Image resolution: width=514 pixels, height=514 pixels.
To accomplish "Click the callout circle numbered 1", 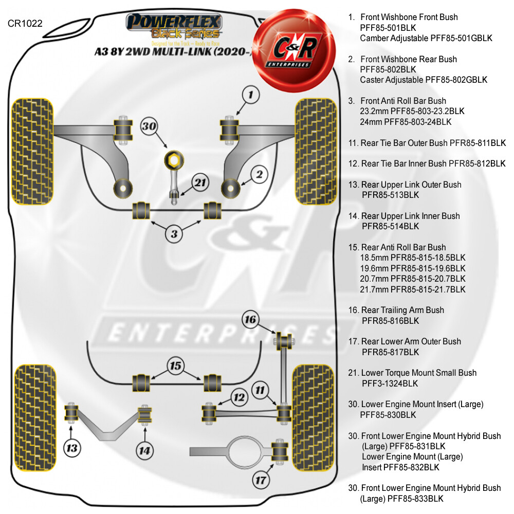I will [x=264, y=94].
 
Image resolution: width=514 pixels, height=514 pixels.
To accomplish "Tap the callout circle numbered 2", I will [x=260, y=175].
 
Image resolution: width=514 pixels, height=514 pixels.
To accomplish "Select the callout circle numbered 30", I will [x=150, y=126].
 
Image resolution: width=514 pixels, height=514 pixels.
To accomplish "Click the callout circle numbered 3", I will [x=174, y=234].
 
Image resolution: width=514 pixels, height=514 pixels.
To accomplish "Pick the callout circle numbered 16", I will [x=250, y=320].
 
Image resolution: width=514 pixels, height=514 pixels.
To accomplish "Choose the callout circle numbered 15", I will [x=176, y=366].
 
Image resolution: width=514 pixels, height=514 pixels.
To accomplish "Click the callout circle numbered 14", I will [x=145, y=451].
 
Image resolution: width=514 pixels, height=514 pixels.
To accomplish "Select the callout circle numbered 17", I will [x=261, y=480].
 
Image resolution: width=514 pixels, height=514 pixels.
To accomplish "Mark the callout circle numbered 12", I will [x=238, y=397].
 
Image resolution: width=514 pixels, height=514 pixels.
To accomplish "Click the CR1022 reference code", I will [x=25, y=23].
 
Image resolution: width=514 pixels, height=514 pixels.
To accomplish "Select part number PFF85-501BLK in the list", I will [x=388, y=28].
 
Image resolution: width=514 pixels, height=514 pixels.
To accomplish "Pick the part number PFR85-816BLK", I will [x=391, y=321].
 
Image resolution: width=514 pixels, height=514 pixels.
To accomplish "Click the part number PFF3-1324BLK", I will [x=390, y=383].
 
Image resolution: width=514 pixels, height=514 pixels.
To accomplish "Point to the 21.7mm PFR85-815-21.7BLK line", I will [x=413, y=289].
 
